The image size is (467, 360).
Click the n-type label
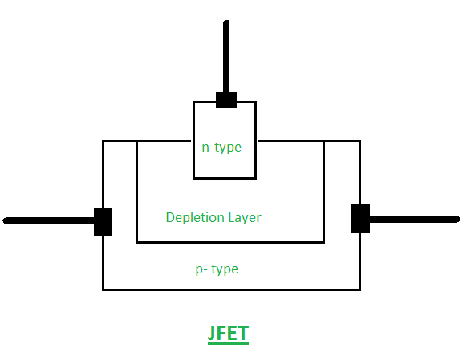coord(221,148)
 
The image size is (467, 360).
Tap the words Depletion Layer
coord(213,217)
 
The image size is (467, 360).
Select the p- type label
coord(217,269)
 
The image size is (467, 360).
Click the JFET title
coord(228,333)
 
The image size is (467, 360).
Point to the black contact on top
coord(226,100)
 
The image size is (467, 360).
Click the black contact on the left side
coord(103,221)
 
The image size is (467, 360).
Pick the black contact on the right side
coord(360,218)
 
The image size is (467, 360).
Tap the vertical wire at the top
coord(226,57)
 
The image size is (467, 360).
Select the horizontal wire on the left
coord(49,220)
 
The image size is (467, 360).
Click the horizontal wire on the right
coord(415,220)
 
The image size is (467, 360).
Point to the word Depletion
coord(195,217)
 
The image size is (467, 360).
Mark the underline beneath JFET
coord(228,343)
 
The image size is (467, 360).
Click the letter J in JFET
coord(212,333)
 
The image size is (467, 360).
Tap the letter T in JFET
coord(243,333)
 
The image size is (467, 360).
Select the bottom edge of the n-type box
coord(225,178)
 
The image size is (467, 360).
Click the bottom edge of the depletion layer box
coord(230,242)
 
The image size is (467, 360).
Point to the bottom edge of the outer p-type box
coord(231,289)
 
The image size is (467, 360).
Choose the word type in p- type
coord(225,269)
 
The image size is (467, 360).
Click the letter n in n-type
coord(205,148)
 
